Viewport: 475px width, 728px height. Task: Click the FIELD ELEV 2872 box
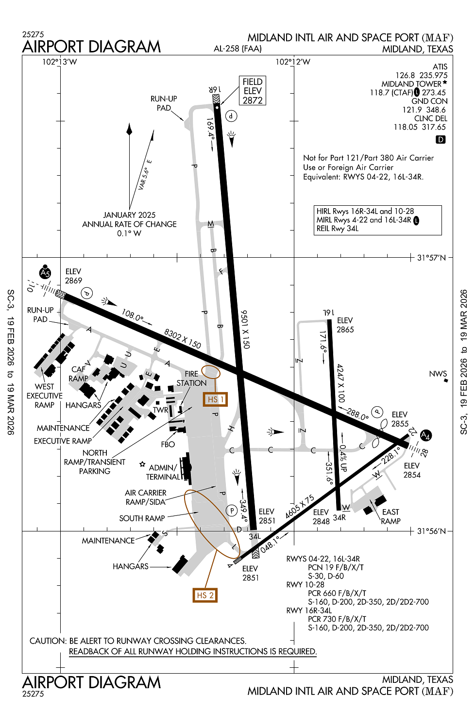pyautogui.click(x=253, y=91)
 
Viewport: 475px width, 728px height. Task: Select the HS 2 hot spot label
pyautogui.click(x=205, y=596)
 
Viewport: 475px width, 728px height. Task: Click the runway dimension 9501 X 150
pyautogui.click(x=245, y=330)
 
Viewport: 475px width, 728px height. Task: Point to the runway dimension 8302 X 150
pyautogui.click(x=182, y=338)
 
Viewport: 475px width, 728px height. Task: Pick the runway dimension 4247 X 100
pyautogui.click(x=341, y=383)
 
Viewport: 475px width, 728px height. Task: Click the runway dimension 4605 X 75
pyautogui.click(x=300, y=507)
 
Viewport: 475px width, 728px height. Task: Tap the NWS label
pyautogui.click(x=438, y=374)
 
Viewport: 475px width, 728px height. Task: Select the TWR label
pyautogui.click(x=160, y=410)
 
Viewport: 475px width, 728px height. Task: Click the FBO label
pyautogui.click(x=168, y=444)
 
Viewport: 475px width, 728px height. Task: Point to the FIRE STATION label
pyautogui.click(x=191, y=379)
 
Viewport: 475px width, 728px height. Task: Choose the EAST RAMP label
pyautogui.click(x=390, y=516)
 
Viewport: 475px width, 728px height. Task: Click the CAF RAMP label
pyautogui.click(x=78, y=374)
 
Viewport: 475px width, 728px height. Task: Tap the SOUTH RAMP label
pyautogui.click(x=142, y=518)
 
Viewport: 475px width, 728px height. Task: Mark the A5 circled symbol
pyautogui.click(x=45, y=273)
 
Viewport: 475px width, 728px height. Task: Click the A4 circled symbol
pyautogui.click(x=425, y=435)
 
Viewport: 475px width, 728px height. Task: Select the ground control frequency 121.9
pyautogui.click(x=411, y=110)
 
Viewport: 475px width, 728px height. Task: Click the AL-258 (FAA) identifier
pyautogui.click(x=237, y=49)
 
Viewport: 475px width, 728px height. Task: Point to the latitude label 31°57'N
pyautogui.click(x=431, y=258)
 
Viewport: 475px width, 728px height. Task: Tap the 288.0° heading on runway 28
pyautogui.click(x=357, y=414)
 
